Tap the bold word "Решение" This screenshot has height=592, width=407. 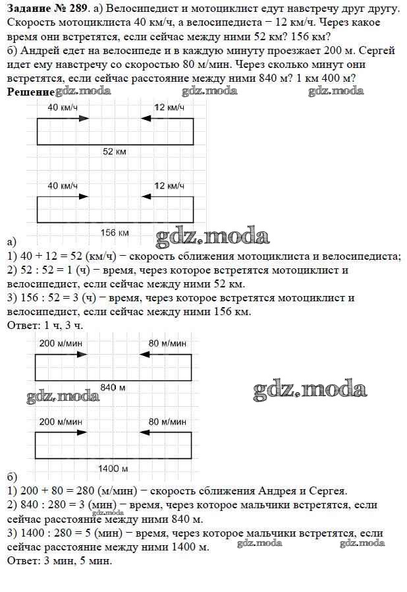tap(30, 92)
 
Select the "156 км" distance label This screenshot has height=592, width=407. tap(115, 233)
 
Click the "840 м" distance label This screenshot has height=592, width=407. tap(113, 386)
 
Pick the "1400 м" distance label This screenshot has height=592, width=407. tap(113, 468)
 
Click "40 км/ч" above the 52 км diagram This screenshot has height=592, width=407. tap(63, 107)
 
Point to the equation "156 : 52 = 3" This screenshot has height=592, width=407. tap(58, 298)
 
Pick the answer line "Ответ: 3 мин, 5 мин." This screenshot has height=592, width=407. tap(59, 561)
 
